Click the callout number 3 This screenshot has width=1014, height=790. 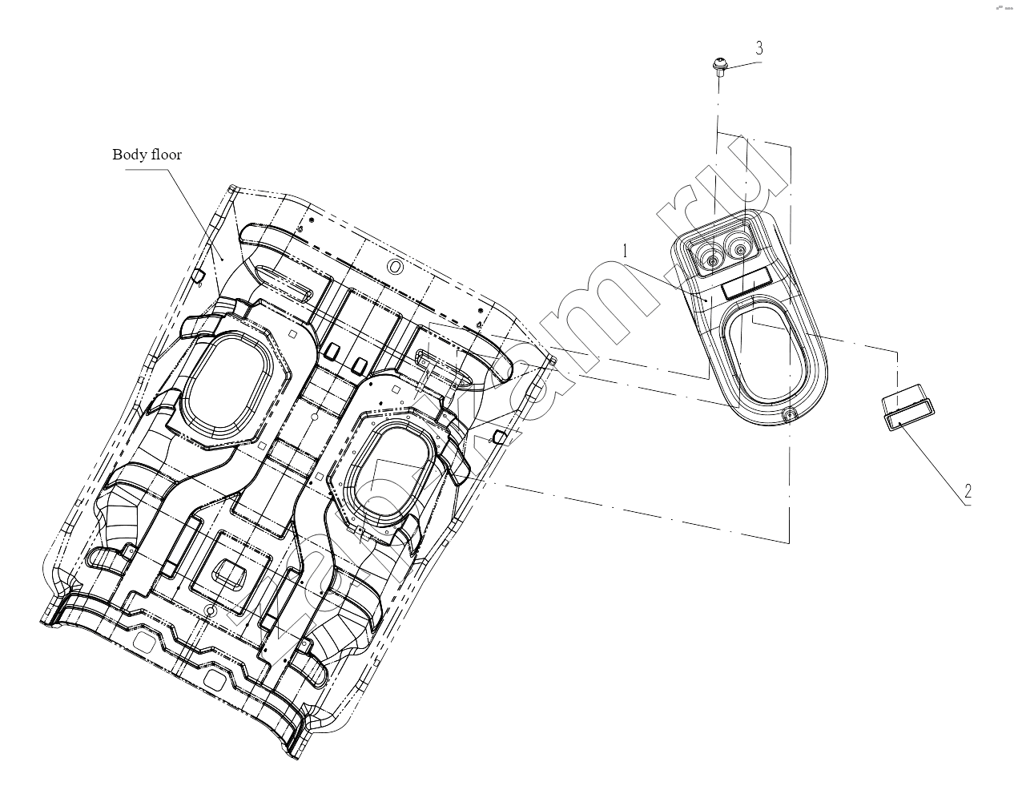(x=759, y=47)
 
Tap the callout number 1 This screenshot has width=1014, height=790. (x=626, y=252)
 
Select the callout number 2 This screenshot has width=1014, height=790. (x=968, y=491)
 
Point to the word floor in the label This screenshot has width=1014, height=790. (x=163, y=154)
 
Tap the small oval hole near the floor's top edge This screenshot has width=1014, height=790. (x=395, y=268)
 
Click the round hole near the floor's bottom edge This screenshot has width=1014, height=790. (x=211, y=611)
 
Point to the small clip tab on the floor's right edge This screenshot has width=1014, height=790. (x=498, y=437)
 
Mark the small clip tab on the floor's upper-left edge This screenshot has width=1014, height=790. (x=198, y=276)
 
